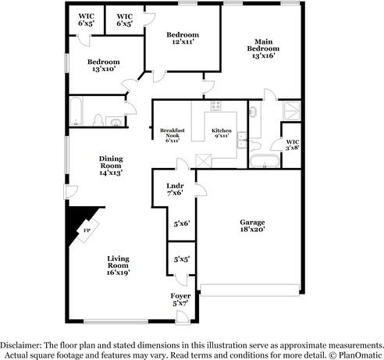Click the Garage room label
point(252,226)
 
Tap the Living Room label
point(118,266)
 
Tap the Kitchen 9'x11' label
point(222,134)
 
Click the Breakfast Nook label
point(171,134)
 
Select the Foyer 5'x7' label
point(180,300)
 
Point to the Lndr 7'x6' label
point(175,189)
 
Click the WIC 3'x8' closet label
point(291,143)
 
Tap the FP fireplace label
point(87,232)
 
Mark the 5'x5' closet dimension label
point(181,258)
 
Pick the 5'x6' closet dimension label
point(181,223)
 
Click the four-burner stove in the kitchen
point(216,107)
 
